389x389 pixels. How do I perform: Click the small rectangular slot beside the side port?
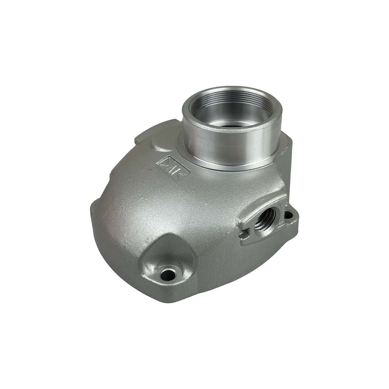[244, 235]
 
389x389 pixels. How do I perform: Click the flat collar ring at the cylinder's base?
[218, 165]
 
